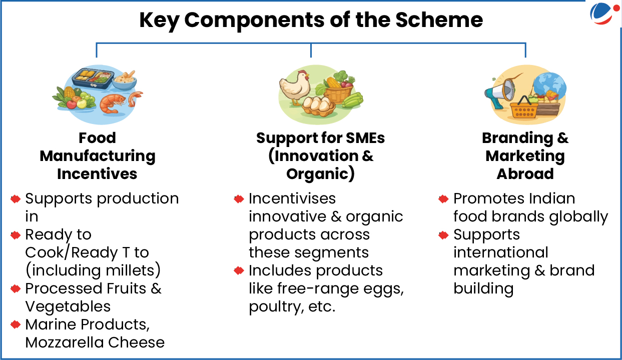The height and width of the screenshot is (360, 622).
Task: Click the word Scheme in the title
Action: point(439,20)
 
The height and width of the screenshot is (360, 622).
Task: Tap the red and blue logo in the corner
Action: point(604,13)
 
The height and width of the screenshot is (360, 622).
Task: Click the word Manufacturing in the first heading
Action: point(98,156)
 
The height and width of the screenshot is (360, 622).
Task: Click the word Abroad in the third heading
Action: point(525,174)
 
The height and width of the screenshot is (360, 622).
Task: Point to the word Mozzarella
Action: point(65,342)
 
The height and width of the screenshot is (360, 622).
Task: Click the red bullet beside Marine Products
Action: point(16,324)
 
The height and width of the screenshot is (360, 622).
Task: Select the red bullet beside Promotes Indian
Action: point(443,199)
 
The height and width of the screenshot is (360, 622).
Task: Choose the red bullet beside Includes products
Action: point(239,270)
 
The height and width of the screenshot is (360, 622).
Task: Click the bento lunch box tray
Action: point(93,78)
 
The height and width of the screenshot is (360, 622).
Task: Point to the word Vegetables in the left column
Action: point(68,306)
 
